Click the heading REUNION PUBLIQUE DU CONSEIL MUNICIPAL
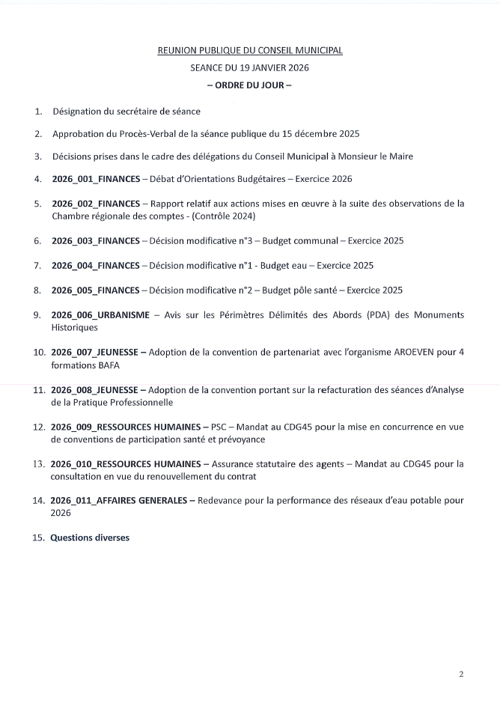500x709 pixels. click(x=250, y=50)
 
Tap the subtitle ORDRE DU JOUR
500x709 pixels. click(x=249, y=85)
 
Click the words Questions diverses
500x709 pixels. click(x=90, y=538)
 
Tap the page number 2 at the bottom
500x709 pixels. click(x=461, y=674)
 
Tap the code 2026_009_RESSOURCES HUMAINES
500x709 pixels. click(x=123, y=426)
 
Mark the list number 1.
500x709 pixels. click(x=38, y=112)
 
